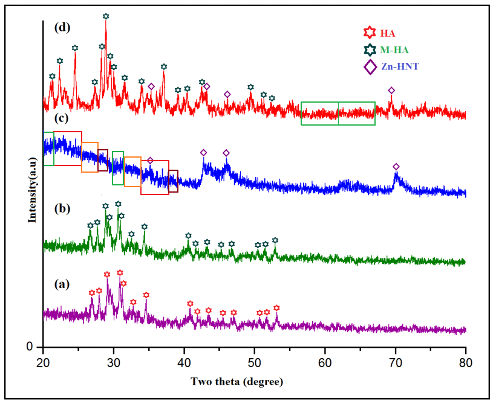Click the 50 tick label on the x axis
click(255, 361)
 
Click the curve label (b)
click(61, 209)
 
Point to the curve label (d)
click(61, 27)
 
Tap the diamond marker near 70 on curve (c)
click(396, 167)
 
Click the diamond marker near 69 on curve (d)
click(391, 91)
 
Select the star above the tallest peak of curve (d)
click(106, 16)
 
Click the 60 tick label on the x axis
click(325, 361)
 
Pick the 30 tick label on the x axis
click(114, 361)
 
